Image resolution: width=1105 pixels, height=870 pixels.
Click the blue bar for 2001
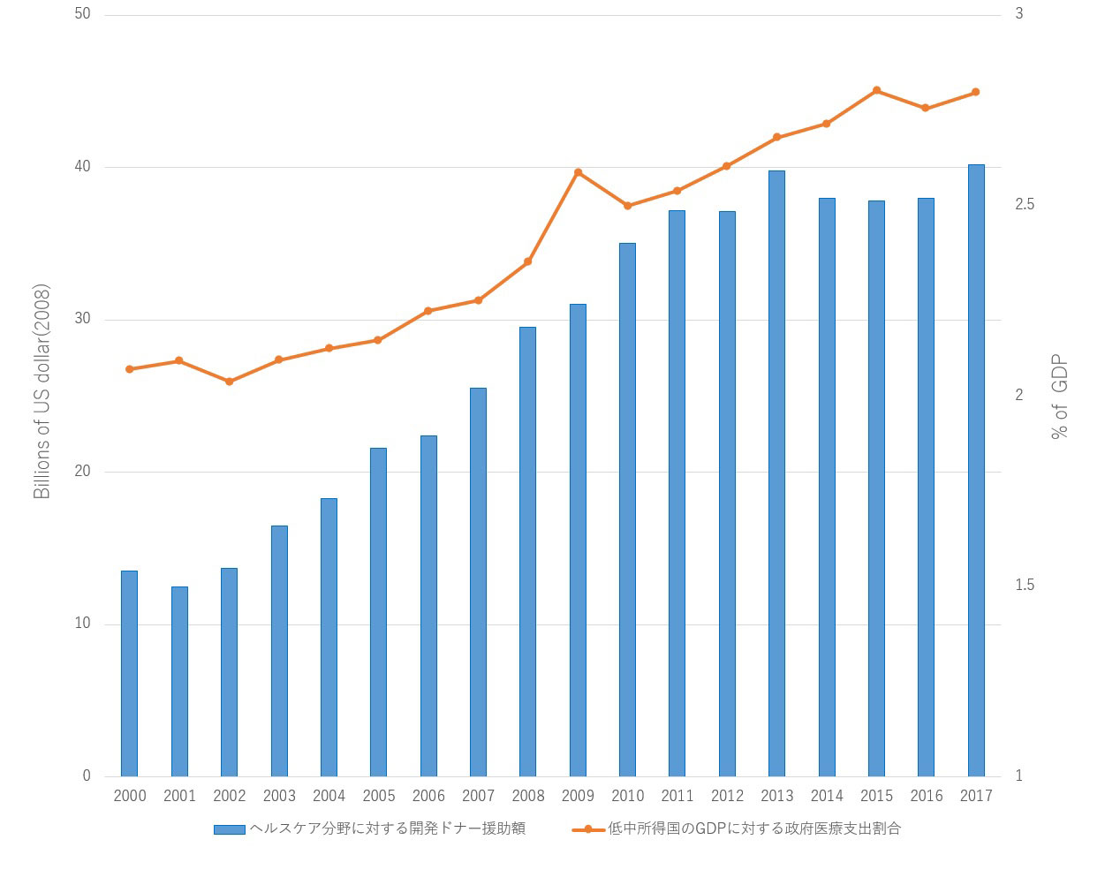point(179,681)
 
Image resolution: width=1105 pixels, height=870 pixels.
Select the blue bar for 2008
point(527,551)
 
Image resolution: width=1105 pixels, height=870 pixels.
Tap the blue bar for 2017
point(976,470)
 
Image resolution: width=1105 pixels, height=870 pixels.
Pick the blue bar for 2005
point(378,612)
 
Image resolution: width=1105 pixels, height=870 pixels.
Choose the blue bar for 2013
point(776,473)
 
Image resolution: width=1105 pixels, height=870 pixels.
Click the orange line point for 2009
point(578,172)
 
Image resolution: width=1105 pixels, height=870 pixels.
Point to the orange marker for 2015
point(876,90)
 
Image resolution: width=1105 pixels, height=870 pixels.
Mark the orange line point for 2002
point(229,382)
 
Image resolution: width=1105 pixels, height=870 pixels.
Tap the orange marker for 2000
point(130,369)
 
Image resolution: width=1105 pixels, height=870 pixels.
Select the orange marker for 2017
point(976,92)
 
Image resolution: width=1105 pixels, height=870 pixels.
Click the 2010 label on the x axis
point(627,796)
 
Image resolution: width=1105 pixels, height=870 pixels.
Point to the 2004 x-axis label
point(329,796)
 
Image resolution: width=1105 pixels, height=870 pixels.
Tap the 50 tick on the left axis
point(85,15)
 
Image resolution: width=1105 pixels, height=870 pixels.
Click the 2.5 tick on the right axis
point(1025,205)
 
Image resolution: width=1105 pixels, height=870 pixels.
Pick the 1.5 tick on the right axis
point(1025,586)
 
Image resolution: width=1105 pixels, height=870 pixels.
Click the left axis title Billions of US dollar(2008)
point(42,391)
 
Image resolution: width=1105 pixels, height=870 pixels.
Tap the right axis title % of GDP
point(1059,397)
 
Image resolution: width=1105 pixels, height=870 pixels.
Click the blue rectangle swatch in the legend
point(230,829)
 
